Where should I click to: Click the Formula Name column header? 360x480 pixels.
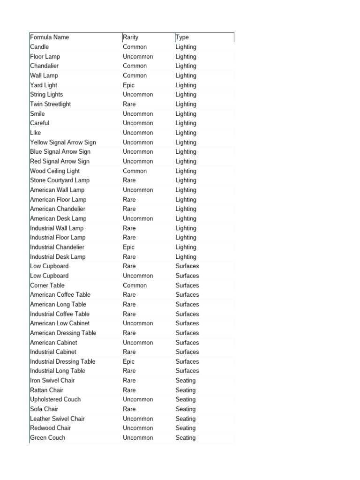[49, 37]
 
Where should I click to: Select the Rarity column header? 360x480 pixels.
[131, 37]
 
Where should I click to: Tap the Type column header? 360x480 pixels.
[182, 37]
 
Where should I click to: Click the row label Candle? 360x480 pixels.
[39, 47]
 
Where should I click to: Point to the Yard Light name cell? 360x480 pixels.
[44, 85]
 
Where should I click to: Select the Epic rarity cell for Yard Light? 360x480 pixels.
[129, 85]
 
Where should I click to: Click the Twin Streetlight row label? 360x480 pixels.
[51, 104]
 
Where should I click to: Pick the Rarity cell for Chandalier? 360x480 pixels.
[135, 66]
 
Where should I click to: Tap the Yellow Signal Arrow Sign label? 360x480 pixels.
[63, 142]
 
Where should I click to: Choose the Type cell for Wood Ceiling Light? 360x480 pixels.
[186, 171]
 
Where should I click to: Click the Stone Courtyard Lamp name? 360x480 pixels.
[60, 180]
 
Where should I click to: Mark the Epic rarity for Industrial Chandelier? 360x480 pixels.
[129, 247]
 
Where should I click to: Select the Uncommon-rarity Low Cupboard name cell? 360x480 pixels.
[49, 276]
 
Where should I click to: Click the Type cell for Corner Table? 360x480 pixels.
[187, 285]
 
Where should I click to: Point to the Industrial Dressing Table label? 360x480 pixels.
[63, 361]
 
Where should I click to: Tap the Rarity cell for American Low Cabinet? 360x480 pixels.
[138, 323]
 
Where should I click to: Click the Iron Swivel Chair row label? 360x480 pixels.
[52, 381]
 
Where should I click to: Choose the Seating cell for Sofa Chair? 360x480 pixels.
[186, 409]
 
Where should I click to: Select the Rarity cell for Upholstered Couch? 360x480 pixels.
[138, 399]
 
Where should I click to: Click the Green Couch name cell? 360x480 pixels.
[48, 438]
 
